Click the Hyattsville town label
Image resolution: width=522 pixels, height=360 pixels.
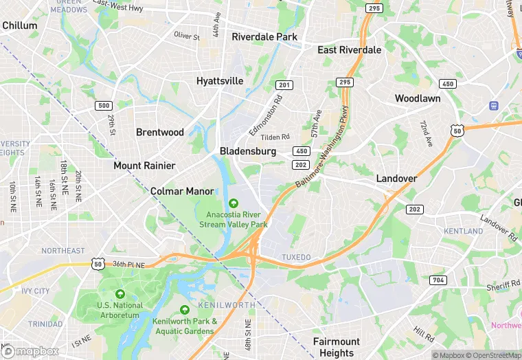220,81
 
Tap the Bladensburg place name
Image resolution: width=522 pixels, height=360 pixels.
248,151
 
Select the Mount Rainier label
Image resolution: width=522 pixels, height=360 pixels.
144,166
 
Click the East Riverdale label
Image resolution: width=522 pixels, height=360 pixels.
349,50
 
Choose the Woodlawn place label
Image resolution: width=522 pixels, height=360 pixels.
418,99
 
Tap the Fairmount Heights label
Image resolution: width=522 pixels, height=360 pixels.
337,347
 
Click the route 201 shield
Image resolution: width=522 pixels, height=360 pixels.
284,85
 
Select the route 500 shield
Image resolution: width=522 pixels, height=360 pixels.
104,106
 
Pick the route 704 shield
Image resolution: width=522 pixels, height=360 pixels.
438,280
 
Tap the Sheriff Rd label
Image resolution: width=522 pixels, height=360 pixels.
505,284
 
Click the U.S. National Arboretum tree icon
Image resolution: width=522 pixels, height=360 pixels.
120,293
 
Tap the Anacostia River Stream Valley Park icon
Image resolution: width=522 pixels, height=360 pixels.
233,203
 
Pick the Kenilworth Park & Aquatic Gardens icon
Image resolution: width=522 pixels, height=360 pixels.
184,310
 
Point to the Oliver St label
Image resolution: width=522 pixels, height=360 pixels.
187,36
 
